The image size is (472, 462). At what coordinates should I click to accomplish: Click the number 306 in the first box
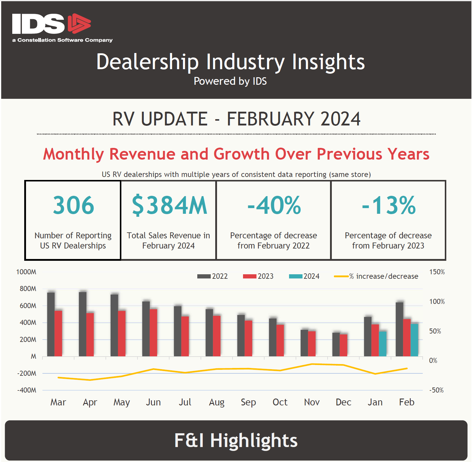pyautogui.click(x=74, y=205)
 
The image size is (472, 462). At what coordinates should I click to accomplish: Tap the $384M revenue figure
pyautogui.click(x=169, y=205)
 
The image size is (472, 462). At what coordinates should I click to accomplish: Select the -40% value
pyautogui.click(x=274, y=205)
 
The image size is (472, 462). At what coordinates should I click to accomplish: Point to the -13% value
pyautogui.click(x=389, y=205)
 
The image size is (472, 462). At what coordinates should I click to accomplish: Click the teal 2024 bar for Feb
pyautogui.click(x=414, y=340)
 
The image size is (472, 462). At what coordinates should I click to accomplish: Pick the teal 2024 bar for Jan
pyautogui.click(x=383, y=344)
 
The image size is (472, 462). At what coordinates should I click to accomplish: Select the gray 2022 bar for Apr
pyautogui.click(x=83, y=324)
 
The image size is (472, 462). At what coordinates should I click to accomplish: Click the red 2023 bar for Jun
pyautogui.click(x=153, y=333)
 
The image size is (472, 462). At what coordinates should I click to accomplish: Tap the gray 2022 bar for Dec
pyautogui.click(x=336, y=344)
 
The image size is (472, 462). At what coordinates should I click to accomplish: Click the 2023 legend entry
pyautogui.click(x=259, y=276)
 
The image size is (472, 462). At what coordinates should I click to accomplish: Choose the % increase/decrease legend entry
pyautogui.click(x=377, y=276)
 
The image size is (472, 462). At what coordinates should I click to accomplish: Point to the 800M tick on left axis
pyautogui.click(x=28, y=289)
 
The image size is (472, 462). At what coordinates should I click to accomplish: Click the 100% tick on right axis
pyautogui.click(x=437, y=302)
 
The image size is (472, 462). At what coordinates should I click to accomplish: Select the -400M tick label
pyautogui.click(x=27, y=390)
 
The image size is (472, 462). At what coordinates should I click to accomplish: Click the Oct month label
pyautogui.click(x=280, y=402)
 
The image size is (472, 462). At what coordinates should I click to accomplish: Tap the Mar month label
pyautogui.click(x=58, y=402)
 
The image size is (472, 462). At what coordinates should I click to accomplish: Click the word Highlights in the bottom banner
pyautogui.click(x=254, y=440)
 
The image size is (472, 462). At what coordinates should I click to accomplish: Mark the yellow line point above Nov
pyautogui.click(x=312, y=364)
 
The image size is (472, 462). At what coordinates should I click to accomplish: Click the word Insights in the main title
pyautogui.click(x=328, y=62)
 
